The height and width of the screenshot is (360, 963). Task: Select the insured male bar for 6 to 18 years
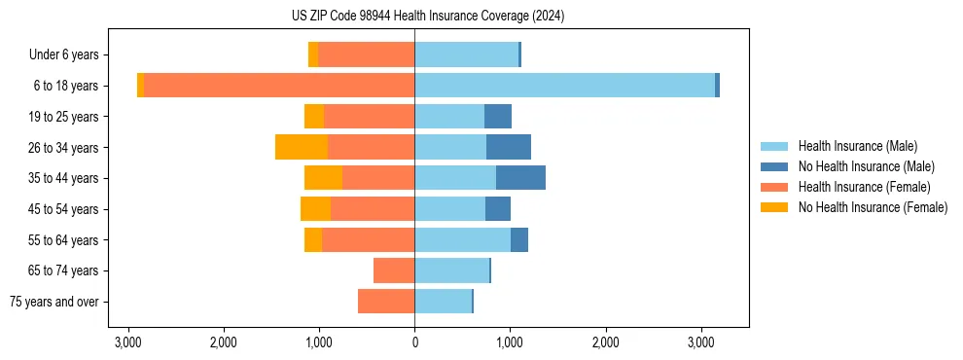point(564,86)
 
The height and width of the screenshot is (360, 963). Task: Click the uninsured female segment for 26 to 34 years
point(302,147)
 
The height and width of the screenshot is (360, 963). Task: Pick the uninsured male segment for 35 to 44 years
point(520,178)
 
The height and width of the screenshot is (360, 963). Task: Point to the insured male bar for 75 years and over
point(443,302)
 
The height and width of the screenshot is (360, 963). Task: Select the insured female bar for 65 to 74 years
point(394,270)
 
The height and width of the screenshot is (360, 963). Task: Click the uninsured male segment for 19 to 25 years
point(498,117)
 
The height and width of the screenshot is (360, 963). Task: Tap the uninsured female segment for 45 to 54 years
point(315,209)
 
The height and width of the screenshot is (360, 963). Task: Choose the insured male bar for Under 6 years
point(466,54)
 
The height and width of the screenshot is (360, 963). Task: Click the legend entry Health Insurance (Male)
point(857,146)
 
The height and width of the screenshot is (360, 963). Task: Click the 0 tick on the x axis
point(414,342)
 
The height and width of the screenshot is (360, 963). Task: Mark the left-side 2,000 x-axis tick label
point(224,342)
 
